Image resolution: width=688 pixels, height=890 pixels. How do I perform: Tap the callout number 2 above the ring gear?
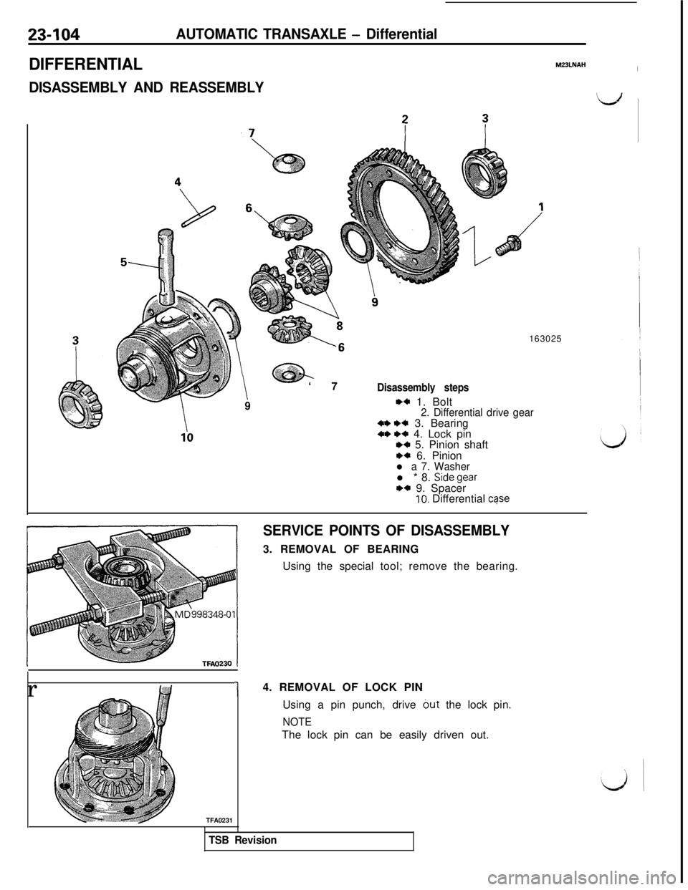[405, 120]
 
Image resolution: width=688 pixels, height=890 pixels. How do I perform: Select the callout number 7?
[251, 132]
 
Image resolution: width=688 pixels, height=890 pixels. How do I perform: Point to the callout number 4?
[176, 181]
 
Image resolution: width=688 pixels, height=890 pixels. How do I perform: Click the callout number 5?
[124, 261]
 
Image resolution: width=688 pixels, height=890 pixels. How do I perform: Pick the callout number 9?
[375, 301]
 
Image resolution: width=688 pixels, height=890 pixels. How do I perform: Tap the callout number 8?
[340, 324]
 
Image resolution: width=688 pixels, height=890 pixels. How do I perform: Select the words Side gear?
[455, 478]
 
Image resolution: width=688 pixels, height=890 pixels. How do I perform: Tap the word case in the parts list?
[498, 500]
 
